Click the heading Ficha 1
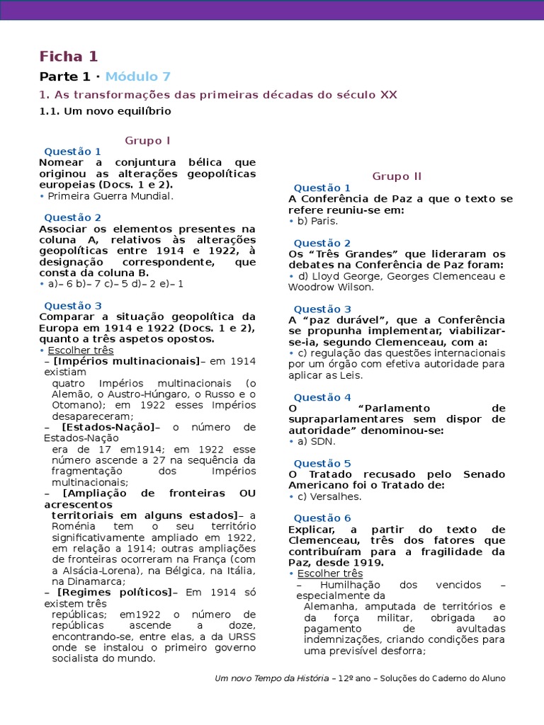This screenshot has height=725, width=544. [69, 57]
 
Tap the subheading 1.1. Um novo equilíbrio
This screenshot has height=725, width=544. [105, 111]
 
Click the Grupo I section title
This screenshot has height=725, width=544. [147, 140]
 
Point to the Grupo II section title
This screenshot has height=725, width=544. [397, 176]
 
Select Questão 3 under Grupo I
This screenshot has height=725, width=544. [73, 305]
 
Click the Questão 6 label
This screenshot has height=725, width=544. [322, 518]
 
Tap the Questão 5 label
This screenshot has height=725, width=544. [322, 463]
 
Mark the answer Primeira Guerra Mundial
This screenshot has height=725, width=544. [110, 196]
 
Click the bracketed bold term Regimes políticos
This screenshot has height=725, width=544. [115, 592]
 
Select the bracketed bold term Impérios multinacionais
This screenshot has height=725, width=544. [126, 360]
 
